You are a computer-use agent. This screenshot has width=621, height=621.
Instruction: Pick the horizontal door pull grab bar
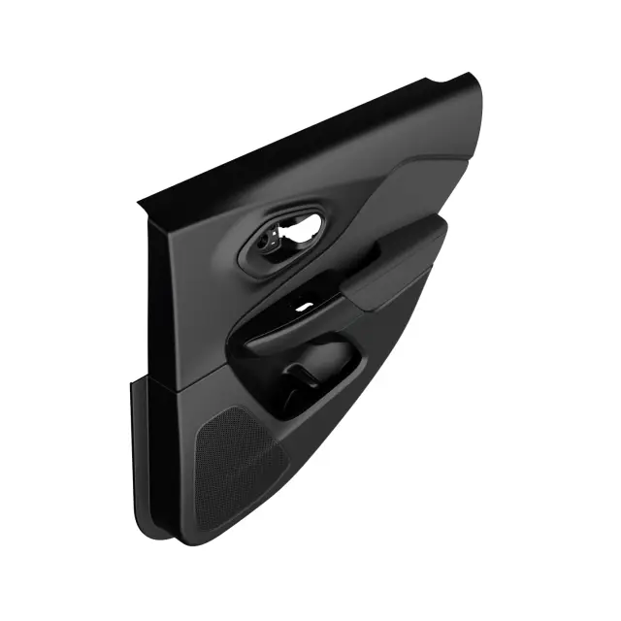coord(291,330)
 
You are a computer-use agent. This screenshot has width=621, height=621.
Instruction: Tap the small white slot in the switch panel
coord(305,307)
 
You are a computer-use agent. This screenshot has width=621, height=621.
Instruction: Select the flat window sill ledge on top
coord(310,136)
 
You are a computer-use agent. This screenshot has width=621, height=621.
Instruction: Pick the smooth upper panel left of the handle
coord(194,291)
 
